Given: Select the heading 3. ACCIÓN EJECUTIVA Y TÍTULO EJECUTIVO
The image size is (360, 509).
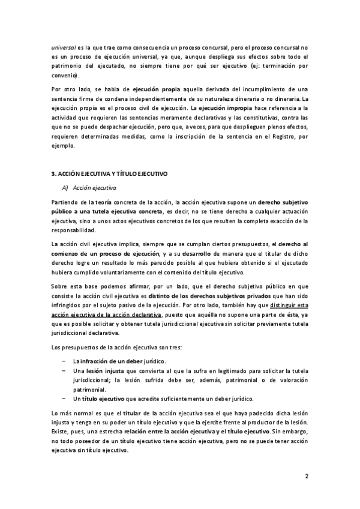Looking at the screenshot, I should tap(109, 173).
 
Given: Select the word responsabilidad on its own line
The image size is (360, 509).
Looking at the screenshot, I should tap(77, 230).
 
